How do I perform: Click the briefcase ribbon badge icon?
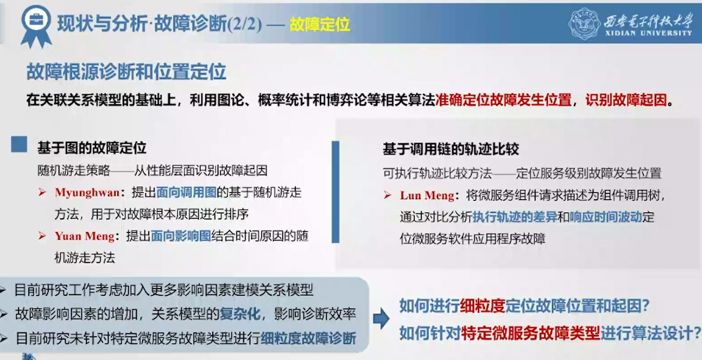(x=36, y=25)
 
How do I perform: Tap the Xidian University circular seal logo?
(x=584, y=23)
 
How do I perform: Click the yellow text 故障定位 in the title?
(x=320, y=24)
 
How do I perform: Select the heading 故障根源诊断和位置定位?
(x=126, y=72)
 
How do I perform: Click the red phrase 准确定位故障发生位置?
(x=504, y=100)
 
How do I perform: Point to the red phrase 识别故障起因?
(x=626, y=100)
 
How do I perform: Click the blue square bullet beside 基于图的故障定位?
(x=19, y=144)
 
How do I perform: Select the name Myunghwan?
(x=88, y=192)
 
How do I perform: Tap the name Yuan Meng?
(x=84, y=236)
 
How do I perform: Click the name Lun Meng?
(x=427, y=195)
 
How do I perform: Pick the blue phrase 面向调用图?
(x=186, y=192)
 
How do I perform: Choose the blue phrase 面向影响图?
(x=181, y=236)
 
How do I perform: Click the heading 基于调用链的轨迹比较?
(x=451, y=149)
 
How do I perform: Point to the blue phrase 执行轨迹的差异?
(x=515, y=217)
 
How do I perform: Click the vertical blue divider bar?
(x=335, y=192)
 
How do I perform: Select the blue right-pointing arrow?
(x=381, y=319)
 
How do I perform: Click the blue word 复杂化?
(x=240, y=314)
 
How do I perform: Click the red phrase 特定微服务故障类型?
(x=531, y=333)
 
